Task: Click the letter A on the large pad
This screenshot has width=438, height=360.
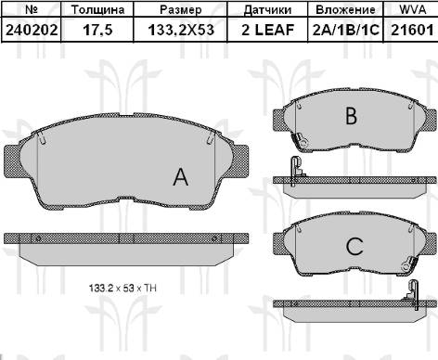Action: click(x=181, y=178)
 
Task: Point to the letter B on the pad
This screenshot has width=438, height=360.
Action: click(x=351, y=116)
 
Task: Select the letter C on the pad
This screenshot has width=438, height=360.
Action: click(x=353, y=247)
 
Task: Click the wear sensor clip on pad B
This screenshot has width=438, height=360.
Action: click(x=299, y=140)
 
